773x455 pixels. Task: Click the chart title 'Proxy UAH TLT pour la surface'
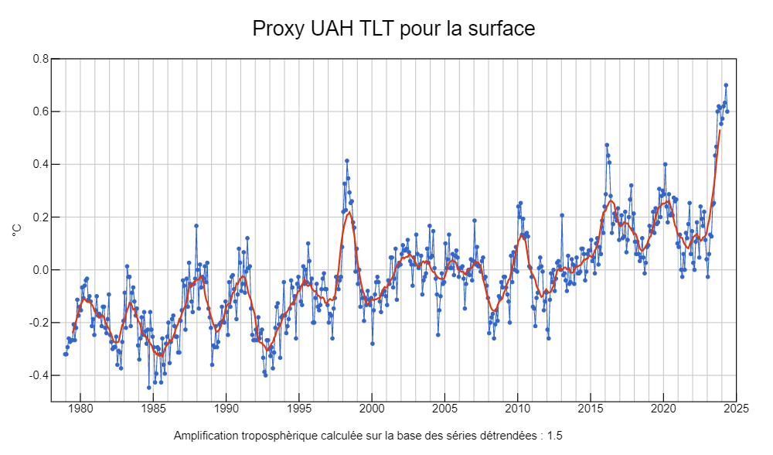(x=393, y=29)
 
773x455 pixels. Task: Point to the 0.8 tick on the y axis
(x=41, y=59)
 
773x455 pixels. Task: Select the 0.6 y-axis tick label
(x=41, y=111)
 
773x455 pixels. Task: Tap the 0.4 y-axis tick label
(x=41, y=164)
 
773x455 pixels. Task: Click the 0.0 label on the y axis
(x=41, y=270)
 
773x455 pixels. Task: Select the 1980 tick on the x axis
(x=80, y=409)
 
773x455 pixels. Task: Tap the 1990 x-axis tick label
(x=226, y=409)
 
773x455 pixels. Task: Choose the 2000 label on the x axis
(x=372, y=409)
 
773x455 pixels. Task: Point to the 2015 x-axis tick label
(x=591, y=409)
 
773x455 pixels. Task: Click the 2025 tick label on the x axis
(x=736, y=409)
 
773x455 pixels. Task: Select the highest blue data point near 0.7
(x=726, y=85)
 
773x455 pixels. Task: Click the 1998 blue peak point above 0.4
(x=347, y=161)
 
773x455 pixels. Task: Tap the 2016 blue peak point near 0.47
(x=607, y=145)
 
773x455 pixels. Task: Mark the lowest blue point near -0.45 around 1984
(x=149, y=388)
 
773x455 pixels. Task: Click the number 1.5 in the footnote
(x=554, y=436)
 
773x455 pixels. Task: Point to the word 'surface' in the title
(x=502, y=29)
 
